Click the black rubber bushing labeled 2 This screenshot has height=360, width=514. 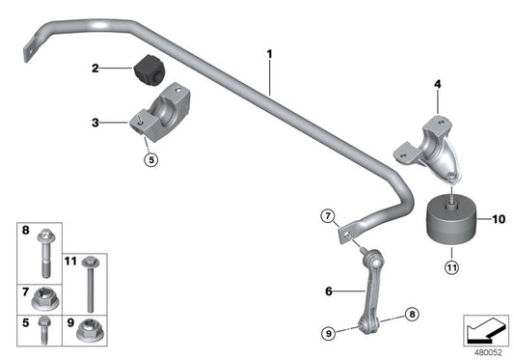click(149, 69)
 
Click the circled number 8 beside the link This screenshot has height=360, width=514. click(412, 313)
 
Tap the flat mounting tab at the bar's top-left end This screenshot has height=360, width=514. click(35, 43)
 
